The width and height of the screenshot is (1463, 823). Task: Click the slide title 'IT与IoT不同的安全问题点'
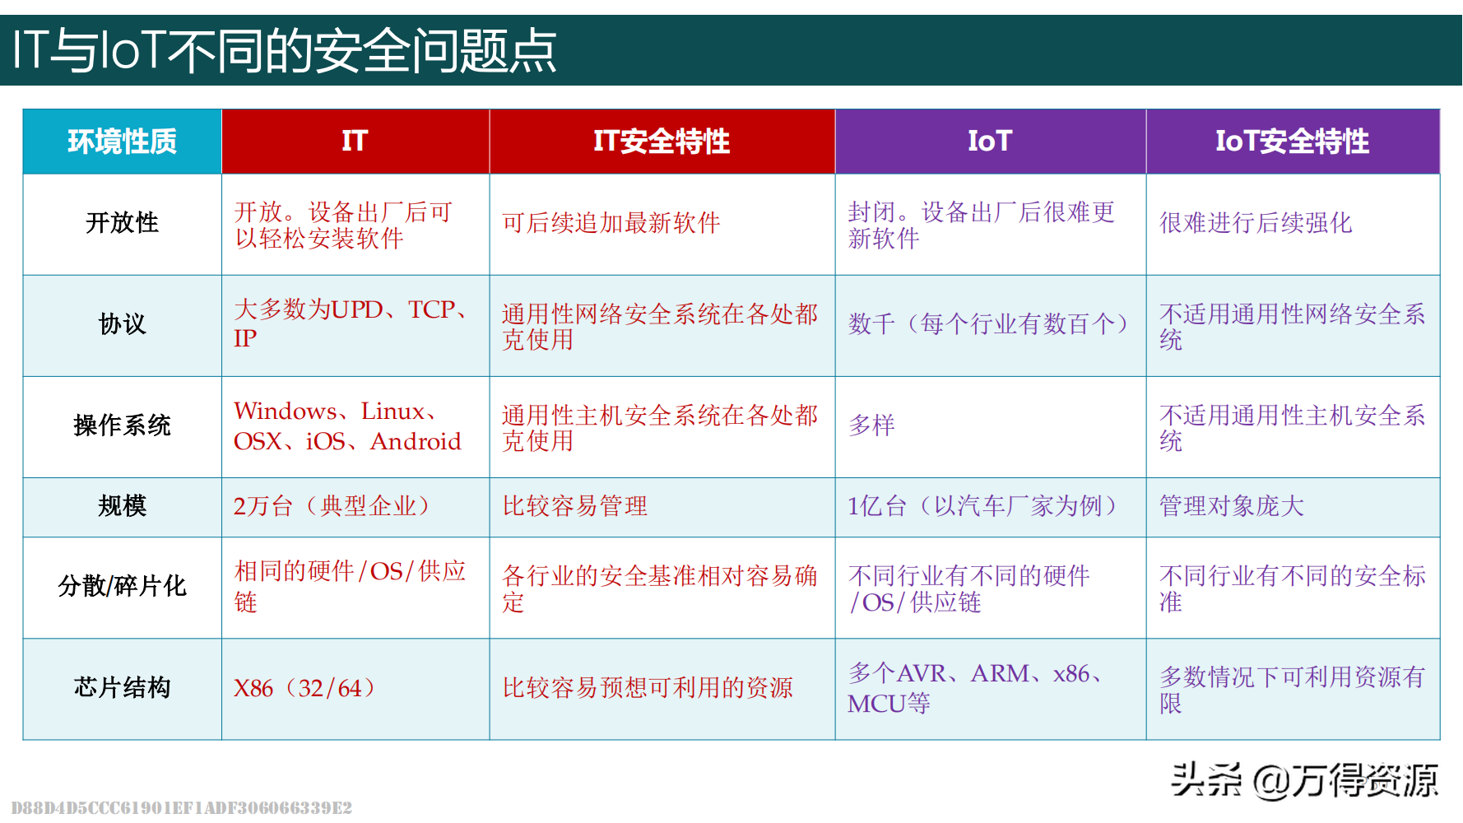(x=284, y=50)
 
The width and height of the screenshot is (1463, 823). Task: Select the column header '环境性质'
(x=122, y=142)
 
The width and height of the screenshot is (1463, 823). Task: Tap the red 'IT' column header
(x=355, y=141)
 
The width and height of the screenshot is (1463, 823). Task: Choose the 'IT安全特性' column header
(x=662, y=142)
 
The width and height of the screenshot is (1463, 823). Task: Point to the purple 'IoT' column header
(x=989, y=141)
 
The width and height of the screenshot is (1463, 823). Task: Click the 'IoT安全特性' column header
(x=1292, y=142)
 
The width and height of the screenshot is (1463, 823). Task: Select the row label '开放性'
(x=122, y=222)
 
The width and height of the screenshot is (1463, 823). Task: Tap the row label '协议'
(x=122, y=323)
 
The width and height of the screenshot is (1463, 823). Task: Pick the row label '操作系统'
(x=122, y=425)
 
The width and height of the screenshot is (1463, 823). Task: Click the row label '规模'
(x=122, y=505)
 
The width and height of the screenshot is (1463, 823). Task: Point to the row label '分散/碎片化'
(x=122, y=586)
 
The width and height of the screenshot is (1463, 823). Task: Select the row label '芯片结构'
(x=122, y=687)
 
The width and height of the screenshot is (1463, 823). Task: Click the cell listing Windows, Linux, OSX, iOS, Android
(x=347, y=425)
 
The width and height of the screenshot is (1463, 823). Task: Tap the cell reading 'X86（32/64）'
(x=304, y=688)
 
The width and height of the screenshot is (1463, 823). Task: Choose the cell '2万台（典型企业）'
(x=332, y=505)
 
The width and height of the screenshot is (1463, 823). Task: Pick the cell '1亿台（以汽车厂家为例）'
(x=982, y=505)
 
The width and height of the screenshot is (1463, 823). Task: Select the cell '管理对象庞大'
(x=1232, y=505)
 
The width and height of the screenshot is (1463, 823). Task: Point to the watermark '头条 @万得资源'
(x=1304, y=779)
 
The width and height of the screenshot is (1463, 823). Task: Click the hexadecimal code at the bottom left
(x=182, y=807)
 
